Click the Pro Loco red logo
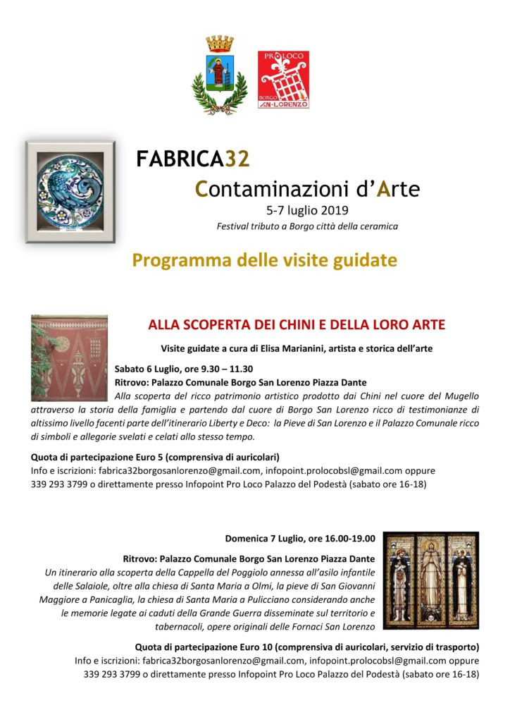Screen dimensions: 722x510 [x=283, y=79]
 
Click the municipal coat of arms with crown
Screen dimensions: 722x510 [x=219, y=74]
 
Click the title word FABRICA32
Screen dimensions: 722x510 [x=193, y=159]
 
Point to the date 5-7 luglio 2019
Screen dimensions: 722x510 [x=306, y=210]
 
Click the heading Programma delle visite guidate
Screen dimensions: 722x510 [x=264, y=260]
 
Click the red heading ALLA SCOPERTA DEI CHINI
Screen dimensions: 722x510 [x=296, y=325]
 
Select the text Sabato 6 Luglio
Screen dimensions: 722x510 [x=149, y=368]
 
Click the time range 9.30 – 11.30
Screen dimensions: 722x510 [x=228, y=368]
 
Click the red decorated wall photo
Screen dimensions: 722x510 [x=69, y=357]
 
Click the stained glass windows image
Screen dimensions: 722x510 [x=431, y=580]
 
